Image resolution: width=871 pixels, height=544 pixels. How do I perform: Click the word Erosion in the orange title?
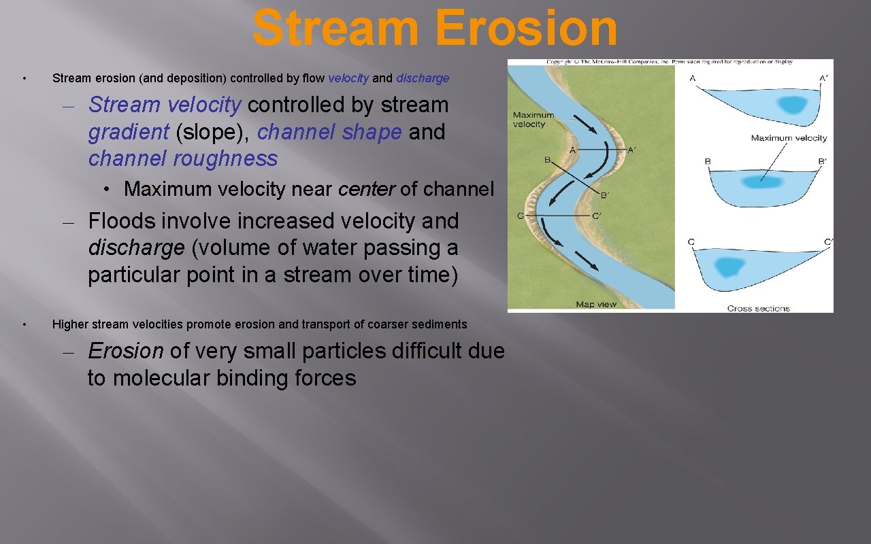click(x=526, y=29)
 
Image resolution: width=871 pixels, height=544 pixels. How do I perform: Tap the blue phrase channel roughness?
click(x=183, y=158)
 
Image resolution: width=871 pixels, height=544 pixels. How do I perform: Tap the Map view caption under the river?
click(x=596, y=304)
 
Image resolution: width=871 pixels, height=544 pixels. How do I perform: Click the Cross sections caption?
click(x=758, y=308)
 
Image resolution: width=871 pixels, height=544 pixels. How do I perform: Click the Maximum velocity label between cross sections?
click(x=789, y=138)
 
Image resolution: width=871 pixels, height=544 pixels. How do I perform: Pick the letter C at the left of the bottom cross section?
click(x=691, y=242)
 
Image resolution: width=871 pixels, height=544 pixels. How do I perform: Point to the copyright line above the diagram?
click(x=670, y=62)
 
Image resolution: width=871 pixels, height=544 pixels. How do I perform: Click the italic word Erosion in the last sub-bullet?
click(x=126, y=351)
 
